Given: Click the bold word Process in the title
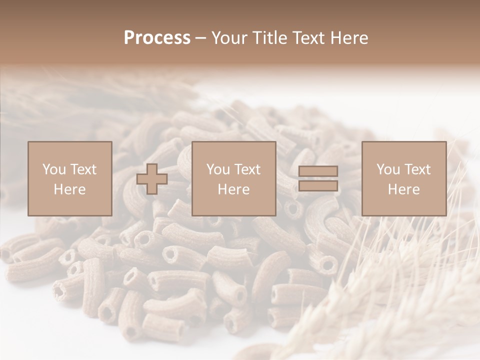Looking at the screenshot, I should [157, 38].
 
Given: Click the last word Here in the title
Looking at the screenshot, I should [348, 38].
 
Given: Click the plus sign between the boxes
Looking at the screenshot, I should [152, 179].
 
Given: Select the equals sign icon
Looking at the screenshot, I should [318, 179].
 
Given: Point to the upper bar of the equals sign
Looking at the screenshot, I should [318, 171].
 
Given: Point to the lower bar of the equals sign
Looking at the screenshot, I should [318, 186].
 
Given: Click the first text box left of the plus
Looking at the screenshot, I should [70, 178].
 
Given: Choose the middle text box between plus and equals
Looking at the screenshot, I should [234, 178].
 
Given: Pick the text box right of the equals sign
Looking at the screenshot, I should [404, 178].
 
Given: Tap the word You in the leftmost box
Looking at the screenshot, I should [54, 169].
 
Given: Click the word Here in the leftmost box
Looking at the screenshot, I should [70, 189].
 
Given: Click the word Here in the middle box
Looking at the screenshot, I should [234, 189].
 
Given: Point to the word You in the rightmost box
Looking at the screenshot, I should [388, 169].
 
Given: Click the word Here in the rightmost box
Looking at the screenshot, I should [404, 189].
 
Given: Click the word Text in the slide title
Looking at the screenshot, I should [307, 38].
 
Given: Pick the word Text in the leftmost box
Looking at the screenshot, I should [83, 169].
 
